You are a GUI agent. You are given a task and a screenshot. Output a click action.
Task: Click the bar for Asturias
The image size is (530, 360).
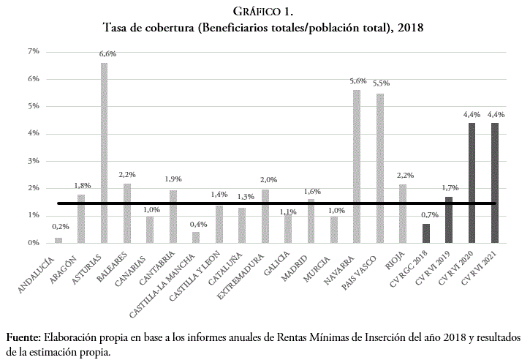coord(104,153)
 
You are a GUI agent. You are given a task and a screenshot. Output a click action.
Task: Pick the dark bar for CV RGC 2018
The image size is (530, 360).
coord(425,233)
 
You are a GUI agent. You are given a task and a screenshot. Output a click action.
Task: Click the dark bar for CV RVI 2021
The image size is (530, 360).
coord(495,183)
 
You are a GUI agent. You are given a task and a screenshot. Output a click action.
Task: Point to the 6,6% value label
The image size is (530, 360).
coord(108,54)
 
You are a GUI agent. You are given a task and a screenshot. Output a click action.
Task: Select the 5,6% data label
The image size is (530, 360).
coord(357,81)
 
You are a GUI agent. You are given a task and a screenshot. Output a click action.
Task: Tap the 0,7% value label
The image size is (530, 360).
coord(429,214)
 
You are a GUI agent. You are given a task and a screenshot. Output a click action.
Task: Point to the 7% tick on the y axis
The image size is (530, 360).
coord(33,51)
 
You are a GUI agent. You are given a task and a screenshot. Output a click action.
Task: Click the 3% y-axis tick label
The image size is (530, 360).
coord(33,161)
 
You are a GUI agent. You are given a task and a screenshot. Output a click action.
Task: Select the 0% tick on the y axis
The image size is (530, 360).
coord(33,243)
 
